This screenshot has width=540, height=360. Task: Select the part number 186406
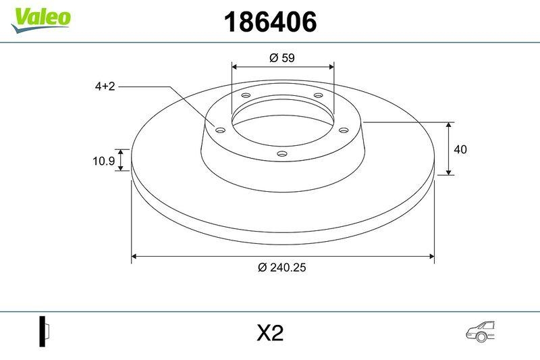[269, 23]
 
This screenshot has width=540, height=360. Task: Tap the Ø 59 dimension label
[281, 58]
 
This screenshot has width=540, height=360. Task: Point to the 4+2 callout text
[105, 86]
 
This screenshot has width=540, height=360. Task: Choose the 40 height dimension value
[461, 149]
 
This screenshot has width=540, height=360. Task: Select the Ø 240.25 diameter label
[282, 267]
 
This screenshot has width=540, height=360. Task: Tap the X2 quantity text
[269, 332]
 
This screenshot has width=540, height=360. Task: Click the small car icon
[480, 330]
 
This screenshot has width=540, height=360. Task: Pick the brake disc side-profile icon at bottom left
[45, 332]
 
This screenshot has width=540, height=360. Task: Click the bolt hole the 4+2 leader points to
[219, 129]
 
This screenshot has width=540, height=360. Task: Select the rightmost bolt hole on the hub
[343, 129]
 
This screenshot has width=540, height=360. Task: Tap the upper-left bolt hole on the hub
[246, 97]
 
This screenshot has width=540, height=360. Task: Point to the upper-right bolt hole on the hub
[318, 97]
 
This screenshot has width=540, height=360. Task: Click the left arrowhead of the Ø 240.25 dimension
[134, 257]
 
